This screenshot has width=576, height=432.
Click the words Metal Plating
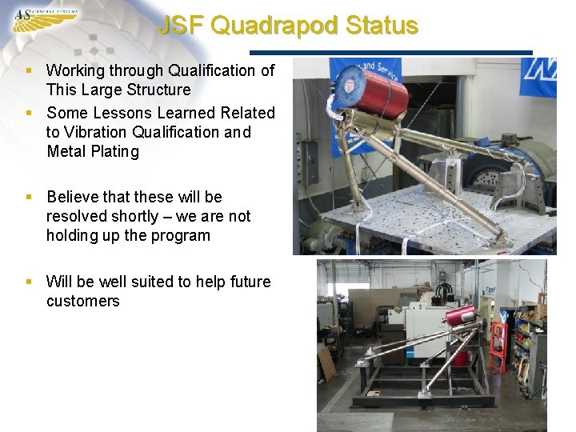[x=93, y=151]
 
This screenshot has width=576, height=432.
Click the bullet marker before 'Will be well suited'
[x=30, y=282]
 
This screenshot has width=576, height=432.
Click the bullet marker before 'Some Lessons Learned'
[x=30, y=113]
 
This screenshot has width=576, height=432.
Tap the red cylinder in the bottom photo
[x=462, y=315]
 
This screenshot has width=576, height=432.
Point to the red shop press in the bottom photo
[x=498, y=346]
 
